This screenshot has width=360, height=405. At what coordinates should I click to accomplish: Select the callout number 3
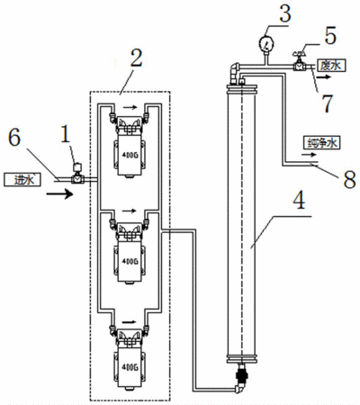coord(284,13)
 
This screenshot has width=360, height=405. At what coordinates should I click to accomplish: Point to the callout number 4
coord(299,200)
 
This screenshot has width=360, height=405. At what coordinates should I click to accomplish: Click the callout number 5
coord(330,35)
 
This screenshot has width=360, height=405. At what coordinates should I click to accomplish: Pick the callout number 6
coord(14,138)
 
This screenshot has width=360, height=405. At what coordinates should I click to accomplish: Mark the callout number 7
coord(327,103)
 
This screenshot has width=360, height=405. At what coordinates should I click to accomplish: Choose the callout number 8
coord(349,179)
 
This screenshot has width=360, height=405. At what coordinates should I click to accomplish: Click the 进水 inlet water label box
coord(22,179)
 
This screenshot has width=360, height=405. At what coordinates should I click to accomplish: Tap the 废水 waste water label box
coord(331,65)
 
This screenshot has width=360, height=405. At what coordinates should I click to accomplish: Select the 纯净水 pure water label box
coord(321,143)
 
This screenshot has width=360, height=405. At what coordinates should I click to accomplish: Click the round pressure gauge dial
coord(266,43)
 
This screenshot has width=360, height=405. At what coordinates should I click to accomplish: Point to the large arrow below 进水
coord(59,193)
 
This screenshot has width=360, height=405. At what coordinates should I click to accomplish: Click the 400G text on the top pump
coord(130,156)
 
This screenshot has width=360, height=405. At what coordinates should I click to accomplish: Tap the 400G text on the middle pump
coord(130,261)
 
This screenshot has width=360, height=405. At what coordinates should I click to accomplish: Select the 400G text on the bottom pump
coord(130,366)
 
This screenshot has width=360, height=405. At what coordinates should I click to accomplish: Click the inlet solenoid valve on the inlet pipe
coord(78,173)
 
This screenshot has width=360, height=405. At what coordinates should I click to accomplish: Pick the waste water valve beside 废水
coord(299,61)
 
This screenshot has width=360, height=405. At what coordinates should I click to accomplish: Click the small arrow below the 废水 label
coord(325,77)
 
